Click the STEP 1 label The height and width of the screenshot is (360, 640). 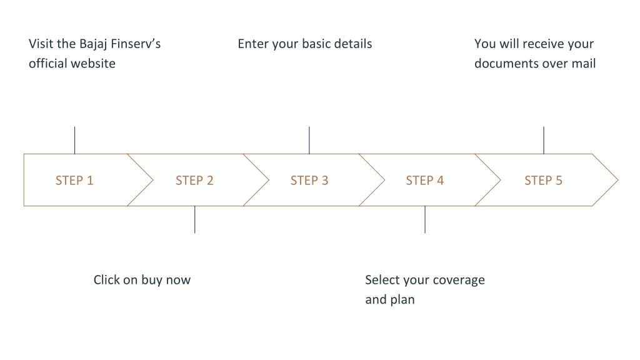74,181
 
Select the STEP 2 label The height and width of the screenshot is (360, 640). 194,181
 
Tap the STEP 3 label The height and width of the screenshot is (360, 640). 309,181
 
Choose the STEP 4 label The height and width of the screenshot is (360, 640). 424,181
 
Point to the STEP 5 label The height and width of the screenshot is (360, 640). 543,181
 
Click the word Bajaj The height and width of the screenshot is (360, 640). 93,44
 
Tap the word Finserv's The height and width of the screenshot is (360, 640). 136,44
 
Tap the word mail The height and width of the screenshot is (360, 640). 585,63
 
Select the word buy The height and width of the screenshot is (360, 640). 152,281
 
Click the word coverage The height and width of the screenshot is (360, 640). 459,281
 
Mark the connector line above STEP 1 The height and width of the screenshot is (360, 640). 75,140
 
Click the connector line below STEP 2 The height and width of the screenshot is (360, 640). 195,219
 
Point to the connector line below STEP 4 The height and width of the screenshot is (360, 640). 425,219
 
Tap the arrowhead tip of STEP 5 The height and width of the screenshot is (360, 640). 618,179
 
